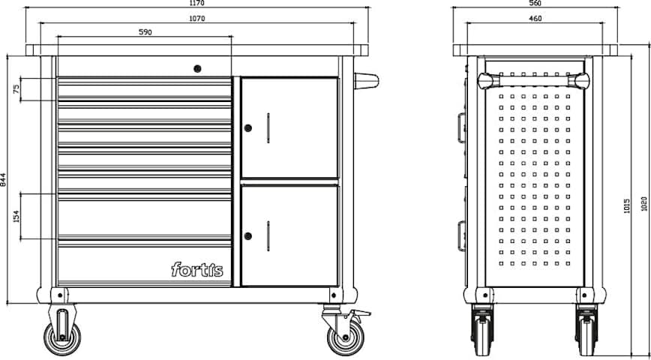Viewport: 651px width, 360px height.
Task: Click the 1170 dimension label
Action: click(196, 3)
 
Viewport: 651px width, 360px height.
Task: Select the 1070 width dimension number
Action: click(196, 19)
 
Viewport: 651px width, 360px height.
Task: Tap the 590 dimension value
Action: click(145, 32)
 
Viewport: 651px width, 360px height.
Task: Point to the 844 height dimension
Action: click(3, 179)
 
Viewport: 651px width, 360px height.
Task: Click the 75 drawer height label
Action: click(16, 89)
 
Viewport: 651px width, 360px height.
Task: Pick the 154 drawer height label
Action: click(16, 216)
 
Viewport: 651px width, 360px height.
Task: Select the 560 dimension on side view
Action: click(535, 3)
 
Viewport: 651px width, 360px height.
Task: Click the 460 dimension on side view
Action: click(535, 19)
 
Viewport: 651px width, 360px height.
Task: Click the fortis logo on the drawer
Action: click(197, 270)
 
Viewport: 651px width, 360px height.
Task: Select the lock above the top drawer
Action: click(198, 68)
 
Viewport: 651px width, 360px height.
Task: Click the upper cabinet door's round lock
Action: click(247, 128)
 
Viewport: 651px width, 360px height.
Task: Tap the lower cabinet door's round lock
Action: click(247, 236)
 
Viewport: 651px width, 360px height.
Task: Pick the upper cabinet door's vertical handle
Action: click(268, 128)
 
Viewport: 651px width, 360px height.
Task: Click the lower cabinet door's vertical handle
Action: click(268, 235)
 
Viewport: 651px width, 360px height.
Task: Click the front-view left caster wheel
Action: click(62, 337)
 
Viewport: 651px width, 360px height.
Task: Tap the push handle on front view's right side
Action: click(366, 81)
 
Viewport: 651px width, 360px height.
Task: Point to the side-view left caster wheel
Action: click(482, 330)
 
